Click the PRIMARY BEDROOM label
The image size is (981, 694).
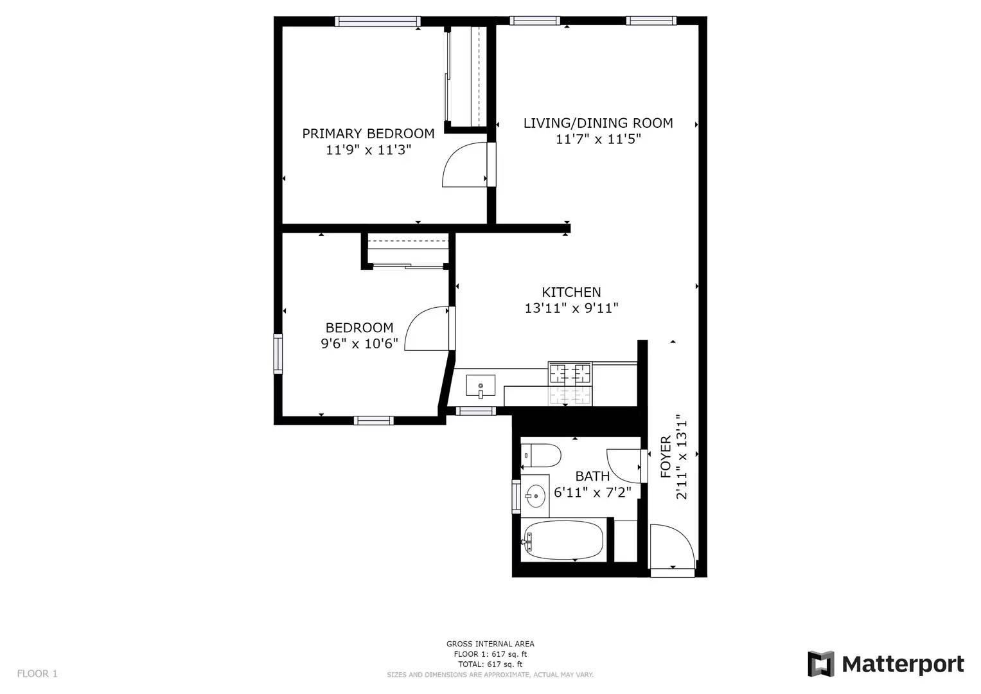[x=368, y=134]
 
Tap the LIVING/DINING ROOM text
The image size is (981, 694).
[x=598, y=123]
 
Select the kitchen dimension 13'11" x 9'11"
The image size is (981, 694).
[x=572, y=308]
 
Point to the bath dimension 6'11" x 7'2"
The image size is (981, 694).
[x=592, y=492]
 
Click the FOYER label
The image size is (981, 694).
[x=666, y=456]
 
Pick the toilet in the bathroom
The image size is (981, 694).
[x=541, y=456]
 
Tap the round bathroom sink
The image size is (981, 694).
[x=535, y=496]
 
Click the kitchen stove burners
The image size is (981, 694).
[x=570, y=374]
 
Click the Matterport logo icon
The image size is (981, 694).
[x=820, y=664]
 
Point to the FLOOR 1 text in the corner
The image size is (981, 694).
[x=37, y=673]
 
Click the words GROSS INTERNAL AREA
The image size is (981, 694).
[x=490, y=644]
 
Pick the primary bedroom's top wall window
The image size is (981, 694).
[x=378, y=21]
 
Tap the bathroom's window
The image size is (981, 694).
[x=517, y=496]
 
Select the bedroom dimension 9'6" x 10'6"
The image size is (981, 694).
[x=360, y=344]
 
